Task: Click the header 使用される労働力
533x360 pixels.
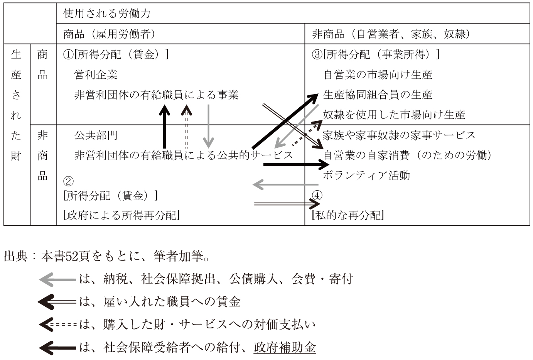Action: pyautogui.click(x=106, y=14)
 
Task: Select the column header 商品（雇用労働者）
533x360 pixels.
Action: pyautogui.click(x=109, y=34)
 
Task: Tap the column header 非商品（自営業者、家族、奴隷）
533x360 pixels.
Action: pyautogui.click(x=391, y=34)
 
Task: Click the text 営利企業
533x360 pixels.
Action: pyautogui.click(x=96, y=75)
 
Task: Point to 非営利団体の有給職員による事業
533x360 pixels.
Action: pyautogui.click(x=156, y=95)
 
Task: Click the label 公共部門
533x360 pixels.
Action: pyautogui.click(x=96, y=135)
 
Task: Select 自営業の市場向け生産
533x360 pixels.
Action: pyautogui.click(x=378, y=75)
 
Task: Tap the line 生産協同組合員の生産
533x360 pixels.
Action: pyautogui.click(x=378, y=95)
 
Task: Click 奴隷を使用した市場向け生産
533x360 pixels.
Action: pyautogui.click(x=394, y=115)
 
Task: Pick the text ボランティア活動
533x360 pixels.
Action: pyautogui.click(x=366, y=176)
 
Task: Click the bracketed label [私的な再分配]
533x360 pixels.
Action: pyautogui.click(x=348, y=215)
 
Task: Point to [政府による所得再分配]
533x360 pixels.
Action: pyautogui.click(x=121, y=215)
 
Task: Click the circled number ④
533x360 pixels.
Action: pyautogui.click(x=317, y=196)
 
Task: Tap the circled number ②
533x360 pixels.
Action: pyautogui.click(x=68, y=181)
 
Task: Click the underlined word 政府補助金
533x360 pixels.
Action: pyautogui.click(x=285, y=347)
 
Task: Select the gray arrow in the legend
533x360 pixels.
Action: pyautogui.click(x=57, y=279)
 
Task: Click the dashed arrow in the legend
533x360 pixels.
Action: pyautogui.click(x=57, y=325)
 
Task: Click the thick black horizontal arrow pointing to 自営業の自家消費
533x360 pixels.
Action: pyautogui.click(x=296, y=164)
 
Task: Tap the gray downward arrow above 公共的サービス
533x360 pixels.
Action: pyautogui.click(x=209, y=126)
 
